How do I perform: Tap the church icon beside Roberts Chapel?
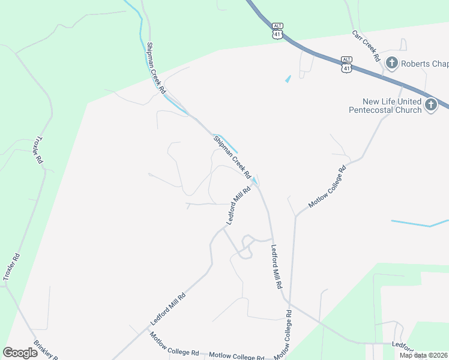click(x=392, y=63)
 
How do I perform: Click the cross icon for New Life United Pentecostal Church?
click(x=430, y=106)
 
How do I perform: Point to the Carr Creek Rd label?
click(x=366, y=46)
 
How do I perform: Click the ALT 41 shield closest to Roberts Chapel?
click(x=346, y=65)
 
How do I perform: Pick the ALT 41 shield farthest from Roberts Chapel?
click(x=277, y=31)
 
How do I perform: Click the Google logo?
click(x=20, y=353)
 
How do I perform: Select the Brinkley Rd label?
click(x=45, y=349)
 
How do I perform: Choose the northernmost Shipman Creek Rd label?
click(x=155, y=67)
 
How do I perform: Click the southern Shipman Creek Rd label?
click(x=232, y=157)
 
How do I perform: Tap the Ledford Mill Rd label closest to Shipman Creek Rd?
click(x=238, y=206)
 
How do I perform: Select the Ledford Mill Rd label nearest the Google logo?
click(x=167, y=308)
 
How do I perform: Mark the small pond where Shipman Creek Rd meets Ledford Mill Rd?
click(x=255, y=181)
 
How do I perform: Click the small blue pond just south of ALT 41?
click(x=288, y=79)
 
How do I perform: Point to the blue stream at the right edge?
click(x=420, y=224)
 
